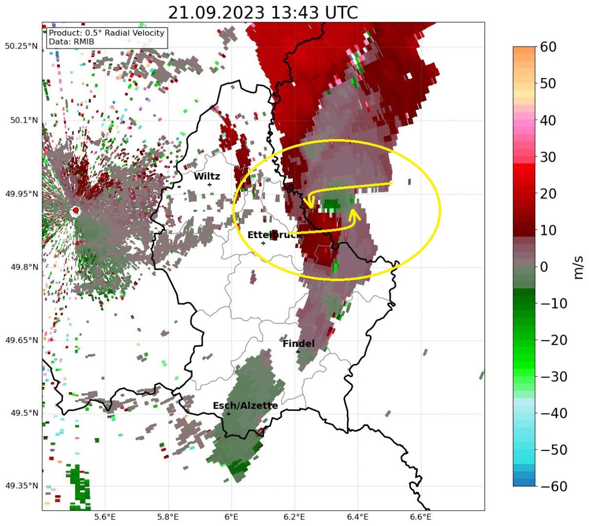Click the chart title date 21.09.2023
coord(216,12)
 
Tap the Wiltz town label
coord(207,177)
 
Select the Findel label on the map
coord(298,344)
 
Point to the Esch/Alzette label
coord(245,406)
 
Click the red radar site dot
coord(76,210)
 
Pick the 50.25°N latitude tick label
coord(21,46)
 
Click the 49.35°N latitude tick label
coord(21,486)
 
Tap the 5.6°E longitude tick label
coord(105,517)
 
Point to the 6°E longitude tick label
coord(231,517)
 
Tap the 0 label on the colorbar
coord(545,267)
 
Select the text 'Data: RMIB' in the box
coord(71,42)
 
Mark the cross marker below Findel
coord(298,352)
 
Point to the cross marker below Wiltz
coord(209,185)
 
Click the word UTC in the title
coord(340,12)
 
